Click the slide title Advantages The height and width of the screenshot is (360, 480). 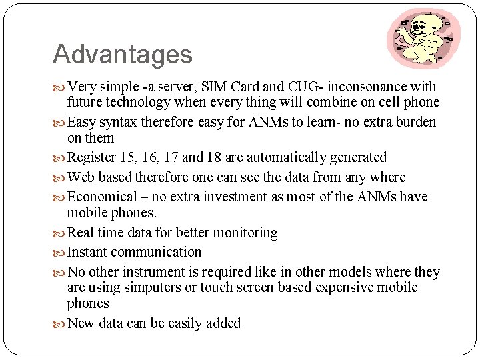[x=122, y=55]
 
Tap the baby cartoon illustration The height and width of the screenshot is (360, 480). [x=423, y=39]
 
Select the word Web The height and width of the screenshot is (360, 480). [x=81, y=177]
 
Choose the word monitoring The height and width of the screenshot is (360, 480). [x=244, y=233]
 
